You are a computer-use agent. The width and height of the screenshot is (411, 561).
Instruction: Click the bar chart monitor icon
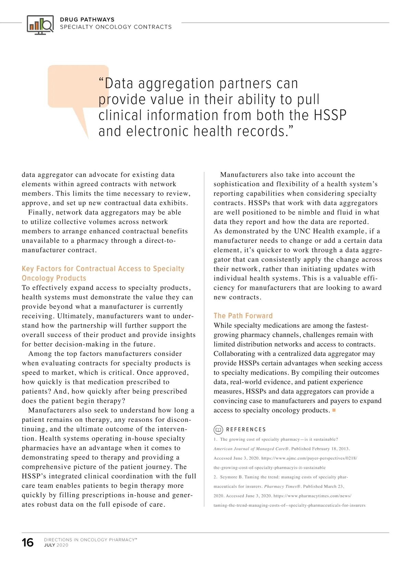(40, 24)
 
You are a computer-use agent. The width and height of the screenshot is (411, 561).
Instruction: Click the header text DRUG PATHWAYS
(87, 20)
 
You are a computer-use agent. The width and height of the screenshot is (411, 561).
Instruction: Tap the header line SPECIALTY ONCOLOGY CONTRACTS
(116, 27)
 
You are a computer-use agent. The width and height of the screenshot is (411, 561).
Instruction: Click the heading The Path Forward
(243, 316)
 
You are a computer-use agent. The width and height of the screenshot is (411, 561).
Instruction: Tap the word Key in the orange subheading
(28, 269)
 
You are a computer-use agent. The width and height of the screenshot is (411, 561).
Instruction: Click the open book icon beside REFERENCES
(218, 429)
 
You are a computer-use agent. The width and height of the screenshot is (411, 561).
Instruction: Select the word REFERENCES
(246, 429)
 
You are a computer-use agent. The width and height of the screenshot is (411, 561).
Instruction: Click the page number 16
(28, 543)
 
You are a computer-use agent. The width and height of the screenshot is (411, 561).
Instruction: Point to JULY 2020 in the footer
(56, 545)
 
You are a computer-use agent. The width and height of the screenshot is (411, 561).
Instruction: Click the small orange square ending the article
(334, 410)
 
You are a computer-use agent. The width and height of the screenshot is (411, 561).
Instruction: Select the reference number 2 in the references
(215, 477)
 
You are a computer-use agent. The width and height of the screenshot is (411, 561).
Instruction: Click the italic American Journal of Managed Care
(251, 449)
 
